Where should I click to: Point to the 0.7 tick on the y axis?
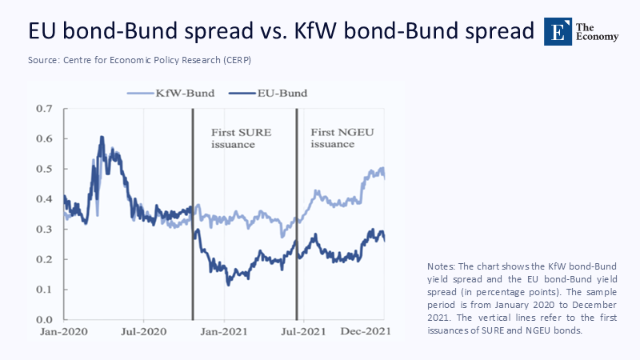43,108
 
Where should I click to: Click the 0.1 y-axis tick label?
43,290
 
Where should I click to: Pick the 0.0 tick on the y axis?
43,320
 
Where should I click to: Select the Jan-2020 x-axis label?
65,331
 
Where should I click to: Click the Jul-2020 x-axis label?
144,331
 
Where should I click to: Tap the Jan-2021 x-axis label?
223,331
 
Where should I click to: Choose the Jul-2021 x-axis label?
302,331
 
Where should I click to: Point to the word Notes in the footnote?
444,266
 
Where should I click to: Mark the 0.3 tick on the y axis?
43,229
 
